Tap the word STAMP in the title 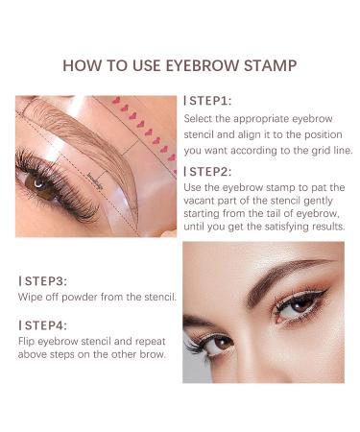[x=270, y=66]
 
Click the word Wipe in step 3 [x=28, y=299]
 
